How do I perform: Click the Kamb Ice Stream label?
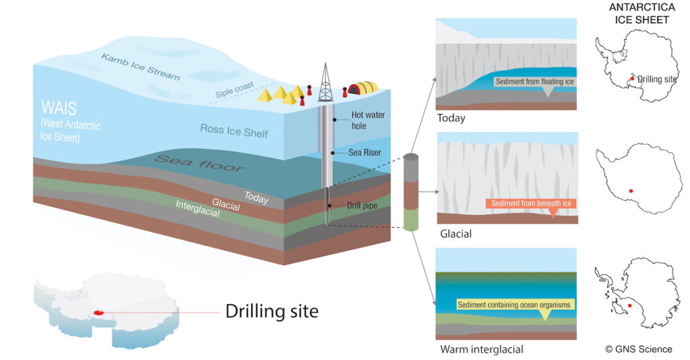pos(140,66)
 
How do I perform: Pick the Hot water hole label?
pos(368,119)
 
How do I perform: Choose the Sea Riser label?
pos(365,152)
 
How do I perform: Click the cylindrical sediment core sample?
pos(411,191)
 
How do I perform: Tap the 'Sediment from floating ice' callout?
pos(535,82)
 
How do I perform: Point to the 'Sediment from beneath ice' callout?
pos(532,203)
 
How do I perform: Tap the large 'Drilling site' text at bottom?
pos(272,311)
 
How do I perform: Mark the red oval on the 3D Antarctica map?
pos(98,312)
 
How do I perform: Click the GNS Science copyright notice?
pos(638,349)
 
